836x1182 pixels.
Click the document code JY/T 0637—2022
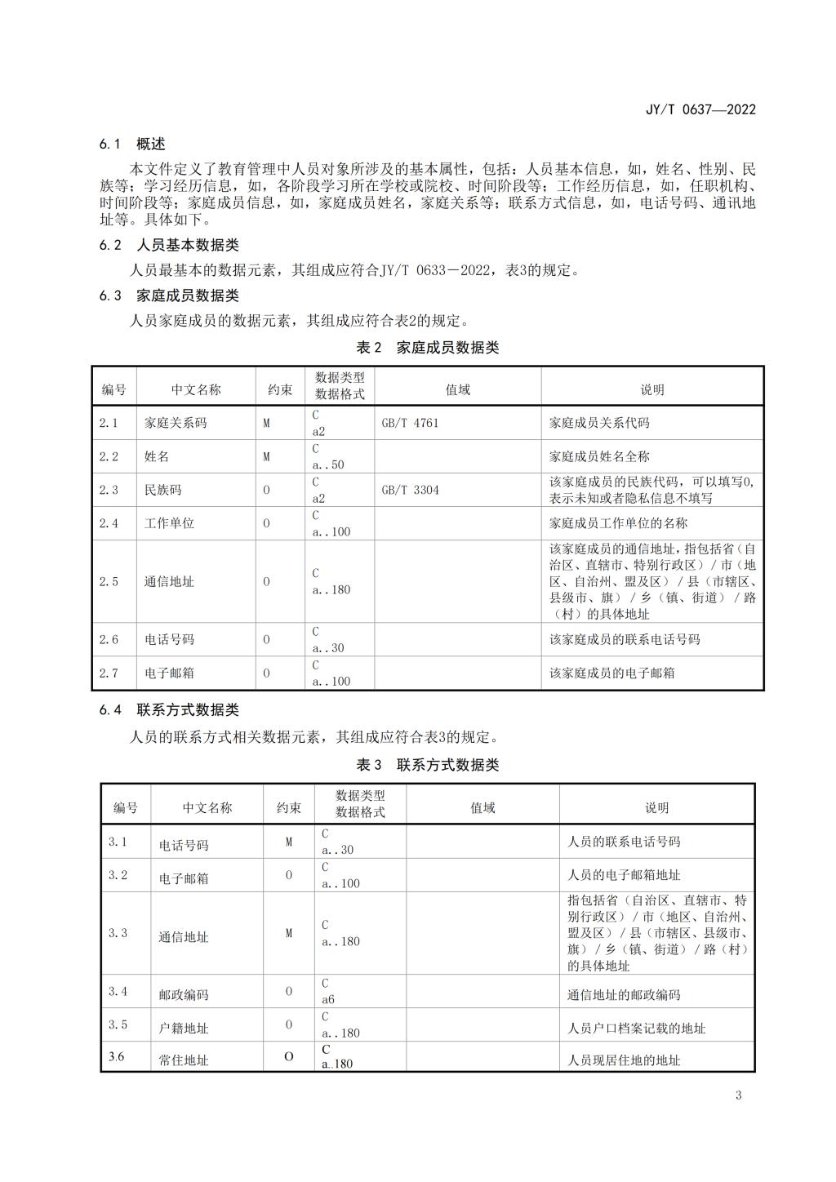click(700, 109)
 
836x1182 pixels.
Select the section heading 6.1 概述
click(132, 144)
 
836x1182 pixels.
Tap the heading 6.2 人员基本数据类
click(169, 245)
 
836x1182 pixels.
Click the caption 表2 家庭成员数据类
click(427, 348)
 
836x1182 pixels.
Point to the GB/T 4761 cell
click(410, 423)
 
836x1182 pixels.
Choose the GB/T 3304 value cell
click(410, 490)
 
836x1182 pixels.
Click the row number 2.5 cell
click(109, 582)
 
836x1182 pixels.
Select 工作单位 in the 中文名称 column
click(169, 523)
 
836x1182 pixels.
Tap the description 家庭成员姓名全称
click(599, 456)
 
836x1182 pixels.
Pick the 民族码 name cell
click(162, 490)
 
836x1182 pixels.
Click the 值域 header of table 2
click(457, 390)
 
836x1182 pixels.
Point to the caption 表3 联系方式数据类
click(427, 765)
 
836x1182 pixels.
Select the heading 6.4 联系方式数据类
click(169, 710)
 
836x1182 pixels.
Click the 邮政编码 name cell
click(183, 995)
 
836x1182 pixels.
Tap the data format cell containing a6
click(328, 998)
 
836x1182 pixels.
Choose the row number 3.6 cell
click(117, 1057)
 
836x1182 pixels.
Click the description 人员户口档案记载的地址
click(636, 1029)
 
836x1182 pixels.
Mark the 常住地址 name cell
click(183, 1060)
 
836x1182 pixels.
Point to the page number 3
click(738, 1095)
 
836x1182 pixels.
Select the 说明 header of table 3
click(656, 808)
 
